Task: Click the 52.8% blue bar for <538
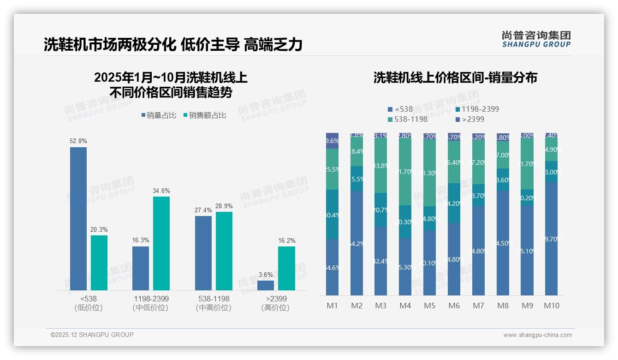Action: pyautogui.click(x=78, y=218)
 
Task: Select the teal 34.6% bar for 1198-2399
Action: pyautogui.click(x=161, y=243)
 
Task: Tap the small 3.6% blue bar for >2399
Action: pyautogui.click(x=266, y=285)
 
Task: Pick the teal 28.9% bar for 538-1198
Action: pyautogui.click(x=224, y=251)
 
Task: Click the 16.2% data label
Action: pyautogui.click(x=286, y=240)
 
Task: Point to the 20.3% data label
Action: pyautogui.click(x=99, y=229)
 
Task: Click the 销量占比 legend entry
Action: pyautogui.click(x=159, y=115)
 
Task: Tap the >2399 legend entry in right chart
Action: pyautogui.click(x=471, y=119)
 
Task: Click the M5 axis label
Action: pyautogui.click(x=429, y=306)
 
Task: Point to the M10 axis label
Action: pyautogui.click(x=552, y=306)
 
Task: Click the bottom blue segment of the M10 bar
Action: pyautogui.click(x=552, y=239)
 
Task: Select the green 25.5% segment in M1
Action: pyautogui.click(x=332, y=169)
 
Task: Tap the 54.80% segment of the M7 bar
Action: pyautogui.click(x=479, y=250)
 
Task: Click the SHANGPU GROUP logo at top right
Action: pyautogui.click(x=536, y=39)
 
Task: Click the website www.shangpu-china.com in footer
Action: pyautogui.click(x=537, y=335)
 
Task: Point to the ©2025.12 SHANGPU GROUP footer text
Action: pyautogui.click(x=92, y=335)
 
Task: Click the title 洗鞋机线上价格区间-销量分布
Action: pyautogui.click(x=455, y=78)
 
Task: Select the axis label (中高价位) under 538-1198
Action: pyautogui.click(x=214, y=308)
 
